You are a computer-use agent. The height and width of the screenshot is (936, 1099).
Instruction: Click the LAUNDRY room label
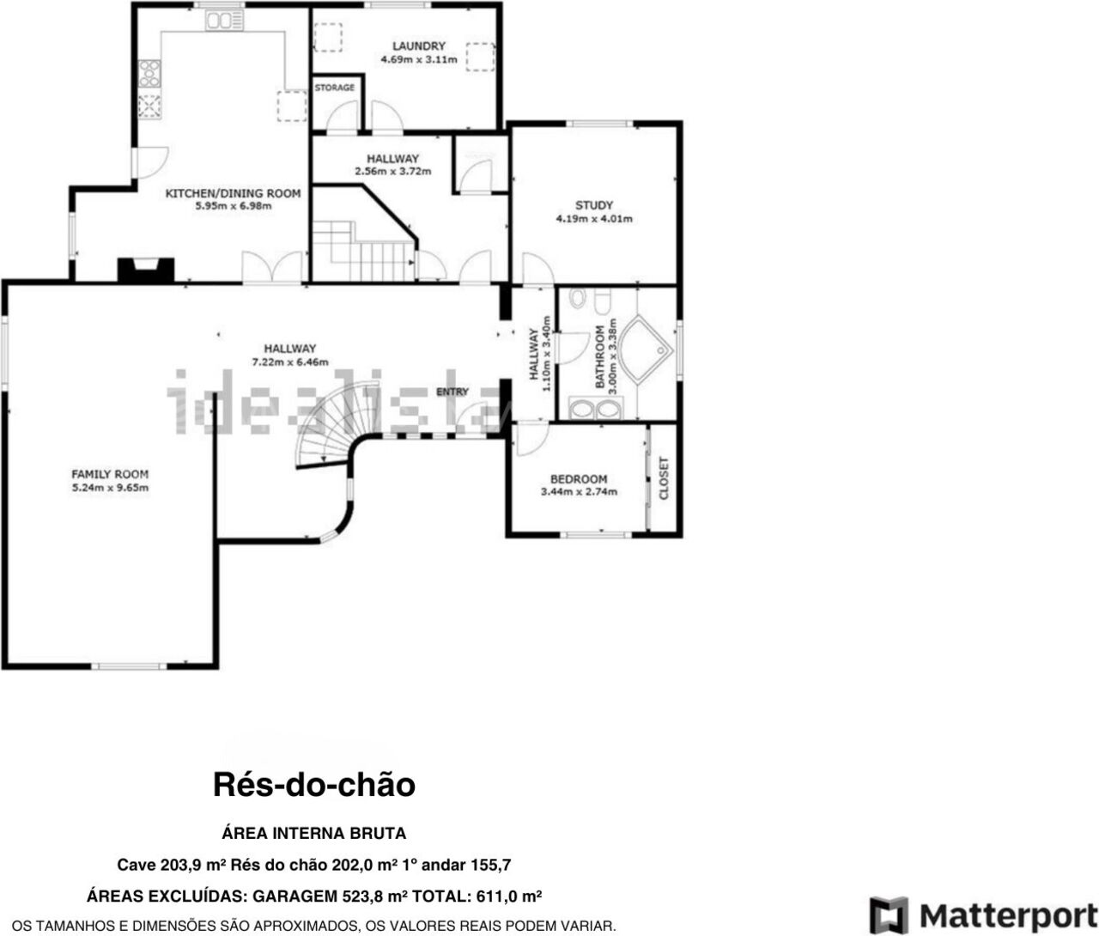click(418, 46)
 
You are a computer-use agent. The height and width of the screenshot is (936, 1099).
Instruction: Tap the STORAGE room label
click(335, 88)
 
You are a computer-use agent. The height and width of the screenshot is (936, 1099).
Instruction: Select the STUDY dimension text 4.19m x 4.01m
click(594, 219)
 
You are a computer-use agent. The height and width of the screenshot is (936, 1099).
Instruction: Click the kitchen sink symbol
click(224, 21)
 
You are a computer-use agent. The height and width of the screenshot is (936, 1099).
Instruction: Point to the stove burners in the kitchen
click(149, 73)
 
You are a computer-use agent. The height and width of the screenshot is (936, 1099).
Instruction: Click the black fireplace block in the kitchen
click(146, 270)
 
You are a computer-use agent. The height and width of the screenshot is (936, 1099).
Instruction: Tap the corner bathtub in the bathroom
click(643, 349)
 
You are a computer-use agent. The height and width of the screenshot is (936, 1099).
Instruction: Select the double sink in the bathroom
click(595, 410)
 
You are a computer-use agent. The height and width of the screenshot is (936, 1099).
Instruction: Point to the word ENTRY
click(452, 392)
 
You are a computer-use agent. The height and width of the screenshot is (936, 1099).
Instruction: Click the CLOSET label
click(664, 478)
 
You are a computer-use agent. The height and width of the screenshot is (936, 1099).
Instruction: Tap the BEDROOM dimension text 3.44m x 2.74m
click(579, 492)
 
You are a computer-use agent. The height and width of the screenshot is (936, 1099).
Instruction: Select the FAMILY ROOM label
click(110, 474)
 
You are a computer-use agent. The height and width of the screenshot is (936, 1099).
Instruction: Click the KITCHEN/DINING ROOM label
click(233, 193)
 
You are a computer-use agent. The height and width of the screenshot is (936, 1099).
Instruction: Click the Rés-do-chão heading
click(313, 785)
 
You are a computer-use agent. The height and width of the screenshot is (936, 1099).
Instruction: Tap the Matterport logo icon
click(889, 915)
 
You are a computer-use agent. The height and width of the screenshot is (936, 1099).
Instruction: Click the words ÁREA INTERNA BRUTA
click(313, 833)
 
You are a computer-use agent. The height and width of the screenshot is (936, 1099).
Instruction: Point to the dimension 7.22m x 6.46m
click(289, 362)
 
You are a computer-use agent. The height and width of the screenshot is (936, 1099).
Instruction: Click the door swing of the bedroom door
click(532, 440)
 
